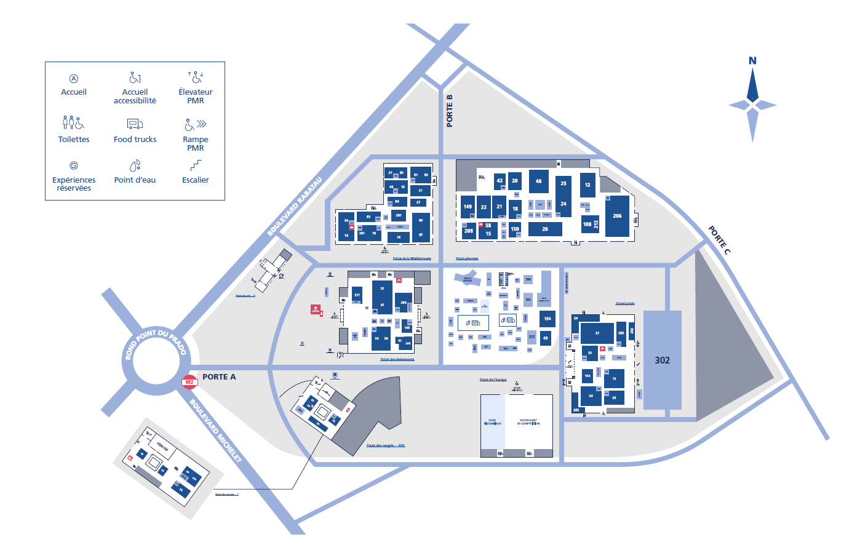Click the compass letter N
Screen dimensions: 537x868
(x=752, y=60)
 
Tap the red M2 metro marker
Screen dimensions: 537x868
(x=189, y=383)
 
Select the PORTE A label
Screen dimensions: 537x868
(x=219, y=377)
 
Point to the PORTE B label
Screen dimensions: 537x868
(x=450, y=111)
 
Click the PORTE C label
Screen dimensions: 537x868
(x=719, y=240)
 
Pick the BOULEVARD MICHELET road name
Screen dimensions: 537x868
(x=215, y=431)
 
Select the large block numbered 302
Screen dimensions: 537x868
(x=663, y=360)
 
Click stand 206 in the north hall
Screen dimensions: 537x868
(x=617, y=216)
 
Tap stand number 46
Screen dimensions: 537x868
(x=538, y=181)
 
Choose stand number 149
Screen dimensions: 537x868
(x=468, y=207)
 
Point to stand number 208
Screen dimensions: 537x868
(x=469, y=231)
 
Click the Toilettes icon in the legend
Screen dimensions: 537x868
(x=73, y=122)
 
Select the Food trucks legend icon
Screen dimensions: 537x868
(x=135, y=124)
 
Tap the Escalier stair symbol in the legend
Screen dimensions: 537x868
(x=196, y=165)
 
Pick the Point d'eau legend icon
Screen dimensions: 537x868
(x=135, y=165)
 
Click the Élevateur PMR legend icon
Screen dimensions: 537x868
(x=196, y=77)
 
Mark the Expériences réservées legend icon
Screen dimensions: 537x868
(x=74, y=165)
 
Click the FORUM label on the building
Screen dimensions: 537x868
(x=162, y=445)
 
